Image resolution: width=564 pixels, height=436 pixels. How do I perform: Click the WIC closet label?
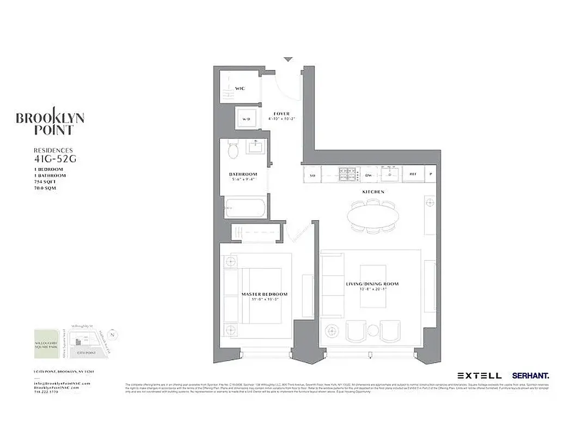click(240, 88)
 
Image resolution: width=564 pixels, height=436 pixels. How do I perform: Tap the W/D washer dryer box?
click(246, 118)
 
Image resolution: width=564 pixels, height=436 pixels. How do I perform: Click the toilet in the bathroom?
click(233, 149)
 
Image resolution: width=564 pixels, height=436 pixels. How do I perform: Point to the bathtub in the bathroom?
click(246, 208)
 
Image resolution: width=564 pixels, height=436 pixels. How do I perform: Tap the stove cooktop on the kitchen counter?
click(347, 174)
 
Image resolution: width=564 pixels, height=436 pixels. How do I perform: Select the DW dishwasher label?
click(369, 175)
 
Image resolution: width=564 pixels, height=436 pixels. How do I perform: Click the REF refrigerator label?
click(413, 175)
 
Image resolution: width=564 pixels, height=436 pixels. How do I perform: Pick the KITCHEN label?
click(373, 192)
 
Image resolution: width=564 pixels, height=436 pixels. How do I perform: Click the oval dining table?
click(373, 216)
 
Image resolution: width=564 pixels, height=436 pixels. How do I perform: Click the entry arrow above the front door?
click(288, 59)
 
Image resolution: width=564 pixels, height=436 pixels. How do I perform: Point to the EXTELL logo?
click(480, 376)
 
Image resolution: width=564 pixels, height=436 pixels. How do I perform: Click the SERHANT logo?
click(530, 376)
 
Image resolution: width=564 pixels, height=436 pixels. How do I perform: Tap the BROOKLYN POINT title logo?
click(50, 124)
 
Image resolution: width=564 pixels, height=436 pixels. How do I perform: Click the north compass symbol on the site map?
click(112, 334)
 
